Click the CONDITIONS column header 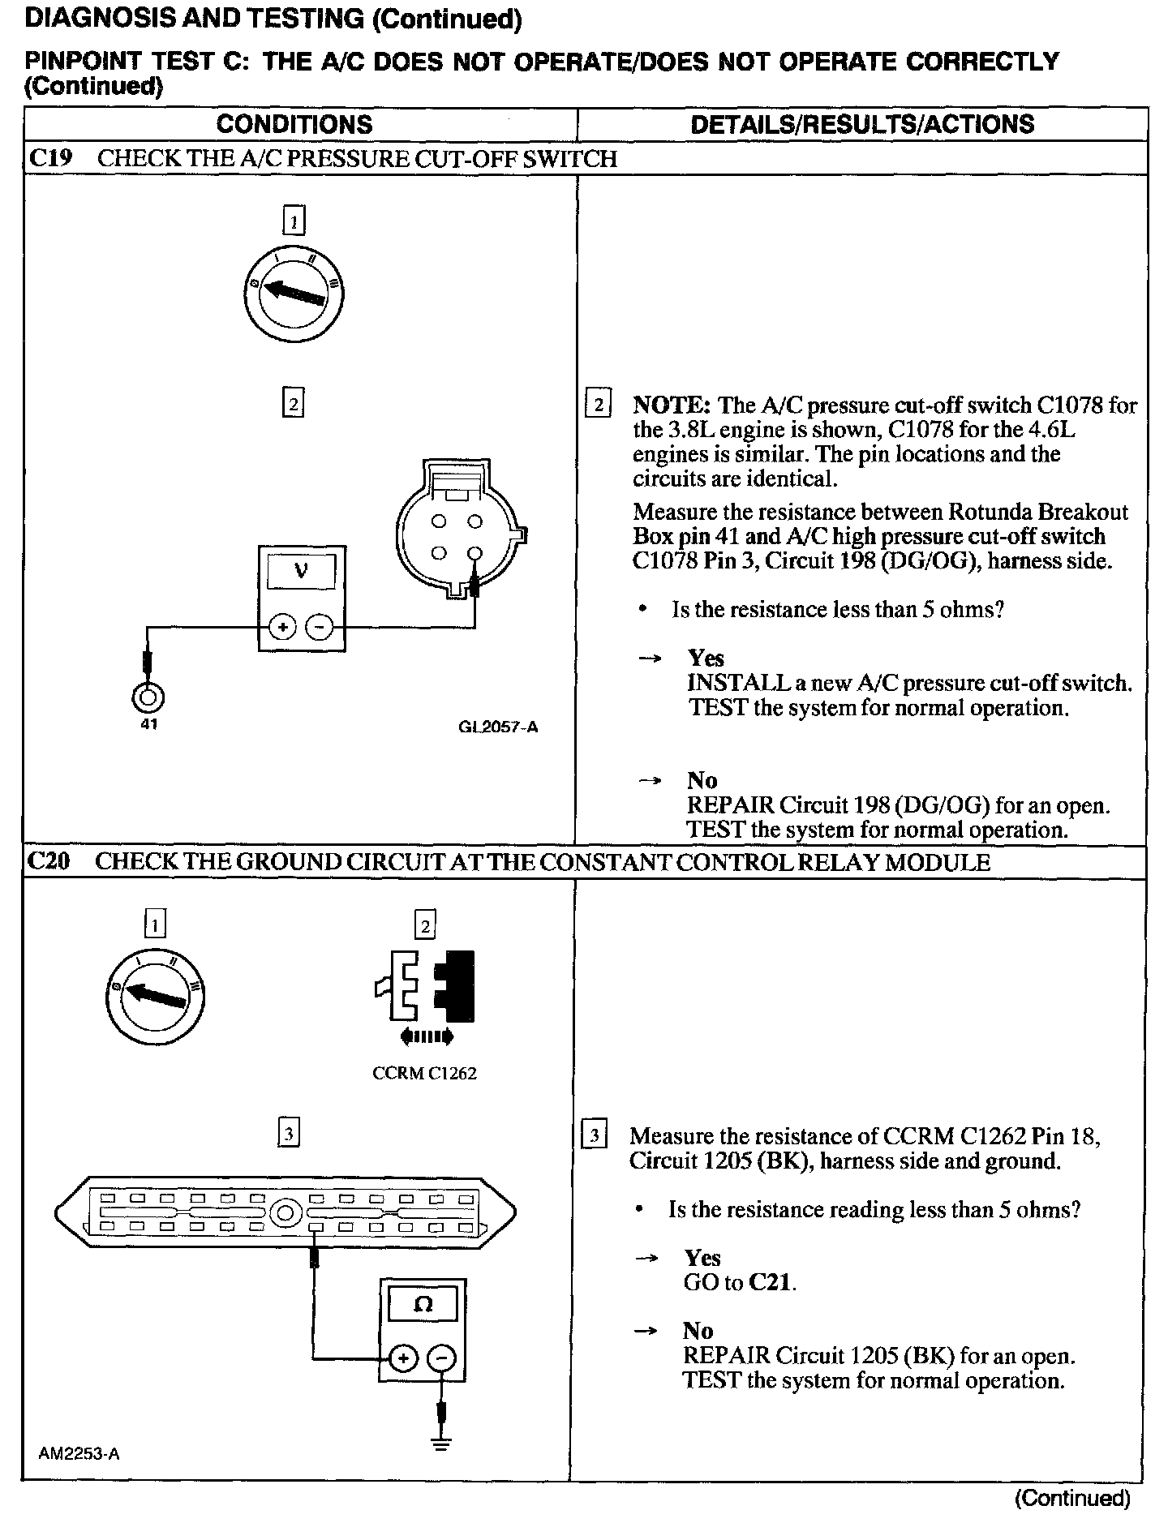tap(294, 124)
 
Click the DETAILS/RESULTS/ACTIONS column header tap(861, 124)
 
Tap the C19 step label tap(50, 158)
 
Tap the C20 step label tap(49, 861)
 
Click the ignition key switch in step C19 tap(294, 291)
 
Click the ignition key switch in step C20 tap(154, 996)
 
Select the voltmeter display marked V tap(301, 572)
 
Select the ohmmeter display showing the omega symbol tap(423, 1305)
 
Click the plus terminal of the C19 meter tap(282, 628)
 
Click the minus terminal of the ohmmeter tap(442, 1358)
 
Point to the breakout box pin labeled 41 tap(148, 697)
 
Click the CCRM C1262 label tap(424, 1074)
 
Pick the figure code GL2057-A tap(498, 727)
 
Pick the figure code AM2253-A tap(79, 1454)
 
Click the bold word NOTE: tap(672, 405)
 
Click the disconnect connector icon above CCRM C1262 tap(424, 988)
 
